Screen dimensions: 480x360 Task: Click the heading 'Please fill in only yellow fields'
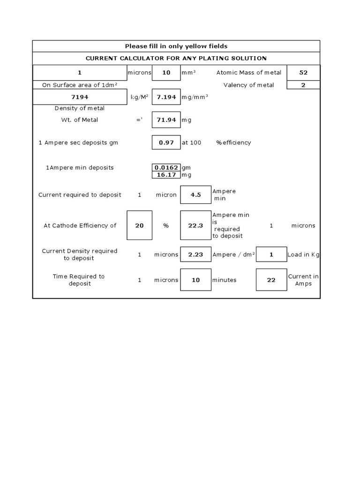coord(176,46)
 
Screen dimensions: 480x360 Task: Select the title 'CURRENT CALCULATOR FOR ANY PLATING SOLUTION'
coord(176,58)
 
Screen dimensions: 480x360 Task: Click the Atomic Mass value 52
coord(303,73)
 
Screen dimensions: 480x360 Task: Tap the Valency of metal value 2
coord(303,85)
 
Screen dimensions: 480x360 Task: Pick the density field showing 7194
coord(79,97)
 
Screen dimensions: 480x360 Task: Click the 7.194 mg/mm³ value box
coord(166,97)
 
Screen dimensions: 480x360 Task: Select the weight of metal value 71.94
coord(166,120)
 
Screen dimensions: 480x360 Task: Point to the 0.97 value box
coord(166,142)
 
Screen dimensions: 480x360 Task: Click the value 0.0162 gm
coord(166,167)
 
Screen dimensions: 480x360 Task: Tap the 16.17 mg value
coord(166,175)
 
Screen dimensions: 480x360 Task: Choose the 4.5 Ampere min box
coord(195,195)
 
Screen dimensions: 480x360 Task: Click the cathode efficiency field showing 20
coord(140,225)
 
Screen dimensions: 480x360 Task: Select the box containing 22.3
coord(195,225)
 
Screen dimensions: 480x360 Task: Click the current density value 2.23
coord(195,255)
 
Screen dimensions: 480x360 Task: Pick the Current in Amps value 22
coord(271,280)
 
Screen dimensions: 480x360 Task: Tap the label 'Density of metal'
coord(79,108)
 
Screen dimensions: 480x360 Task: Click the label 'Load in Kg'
coord(303,255)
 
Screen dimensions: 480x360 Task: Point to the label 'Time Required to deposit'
coord(79,280)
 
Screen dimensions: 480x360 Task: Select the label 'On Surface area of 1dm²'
coord(79,85)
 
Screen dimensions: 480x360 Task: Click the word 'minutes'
coord(225,280)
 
